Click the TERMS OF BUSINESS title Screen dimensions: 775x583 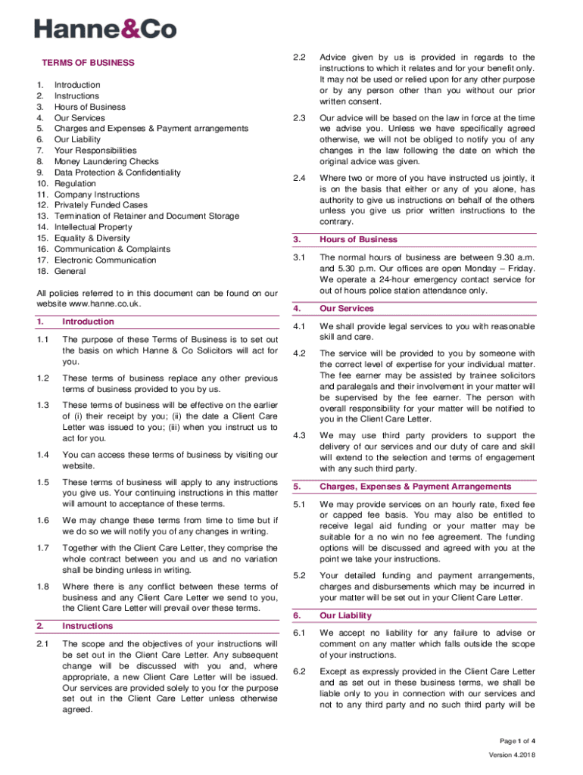88,63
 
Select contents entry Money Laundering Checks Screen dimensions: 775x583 106,161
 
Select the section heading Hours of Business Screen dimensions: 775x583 358,239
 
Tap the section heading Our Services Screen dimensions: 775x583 346,309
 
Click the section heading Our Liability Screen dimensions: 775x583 345,615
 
